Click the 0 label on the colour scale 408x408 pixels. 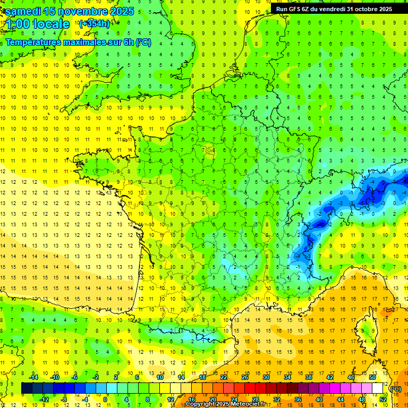click(105, 399)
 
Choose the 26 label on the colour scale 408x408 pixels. click(245, 377)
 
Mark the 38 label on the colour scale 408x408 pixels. click(308, 377)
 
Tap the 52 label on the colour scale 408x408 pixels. click(382, 399)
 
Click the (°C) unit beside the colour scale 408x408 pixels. click(395, 389)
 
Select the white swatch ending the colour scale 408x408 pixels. click(377, 388)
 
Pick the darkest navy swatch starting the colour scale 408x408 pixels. click(27, 388)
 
